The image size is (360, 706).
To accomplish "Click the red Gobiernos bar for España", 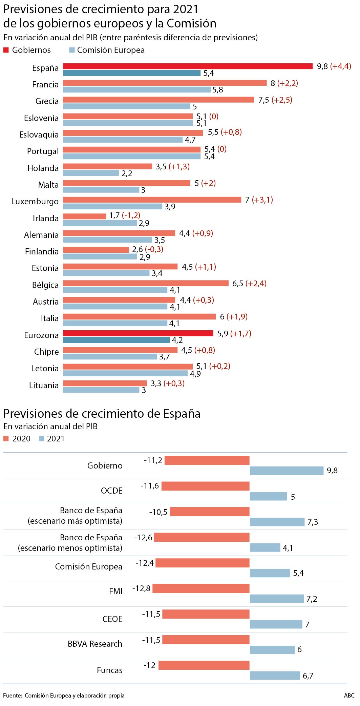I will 188,66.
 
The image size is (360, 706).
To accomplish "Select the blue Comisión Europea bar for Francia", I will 137,89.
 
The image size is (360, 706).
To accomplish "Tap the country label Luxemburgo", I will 35,202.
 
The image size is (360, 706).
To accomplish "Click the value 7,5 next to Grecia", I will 263,100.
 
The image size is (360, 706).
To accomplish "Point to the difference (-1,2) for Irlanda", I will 131,215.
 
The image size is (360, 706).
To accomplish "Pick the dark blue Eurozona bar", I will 117,340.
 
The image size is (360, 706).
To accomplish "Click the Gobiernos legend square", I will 6,50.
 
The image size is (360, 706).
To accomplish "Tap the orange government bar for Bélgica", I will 146,283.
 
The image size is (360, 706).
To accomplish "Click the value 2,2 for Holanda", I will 127,173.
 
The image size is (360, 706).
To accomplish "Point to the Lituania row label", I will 44,386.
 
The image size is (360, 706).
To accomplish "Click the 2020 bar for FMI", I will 201,588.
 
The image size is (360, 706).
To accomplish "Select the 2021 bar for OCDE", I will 268,496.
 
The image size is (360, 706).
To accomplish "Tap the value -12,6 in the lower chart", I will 143,538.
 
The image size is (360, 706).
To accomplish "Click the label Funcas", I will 109,670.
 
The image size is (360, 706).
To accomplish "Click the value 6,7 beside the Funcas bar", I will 308,676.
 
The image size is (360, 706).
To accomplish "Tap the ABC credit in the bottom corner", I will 349,695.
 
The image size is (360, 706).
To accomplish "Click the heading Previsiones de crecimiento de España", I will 102,414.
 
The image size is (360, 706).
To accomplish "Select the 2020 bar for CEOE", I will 206,614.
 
